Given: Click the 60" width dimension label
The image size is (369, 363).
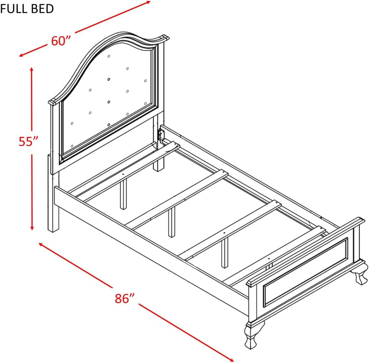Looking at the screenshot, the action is point(61,41).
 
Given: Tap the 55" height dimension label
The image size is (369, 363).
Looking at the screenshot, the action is point(28,142).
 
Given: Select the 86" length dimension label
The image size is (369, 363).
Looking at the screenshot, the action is point(125,298).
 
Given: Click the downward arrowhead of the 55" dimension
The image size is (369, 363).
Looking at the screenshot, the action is point(32,228).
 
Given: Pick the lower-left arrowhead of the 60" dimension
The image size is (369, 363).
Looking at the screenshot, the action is point(21,55).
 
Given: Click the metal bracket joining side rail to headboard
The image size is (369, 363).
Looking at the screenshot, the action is point(161,135).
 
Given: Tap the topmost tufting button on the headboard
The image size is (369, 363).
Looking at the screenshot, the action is point(109,56).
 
